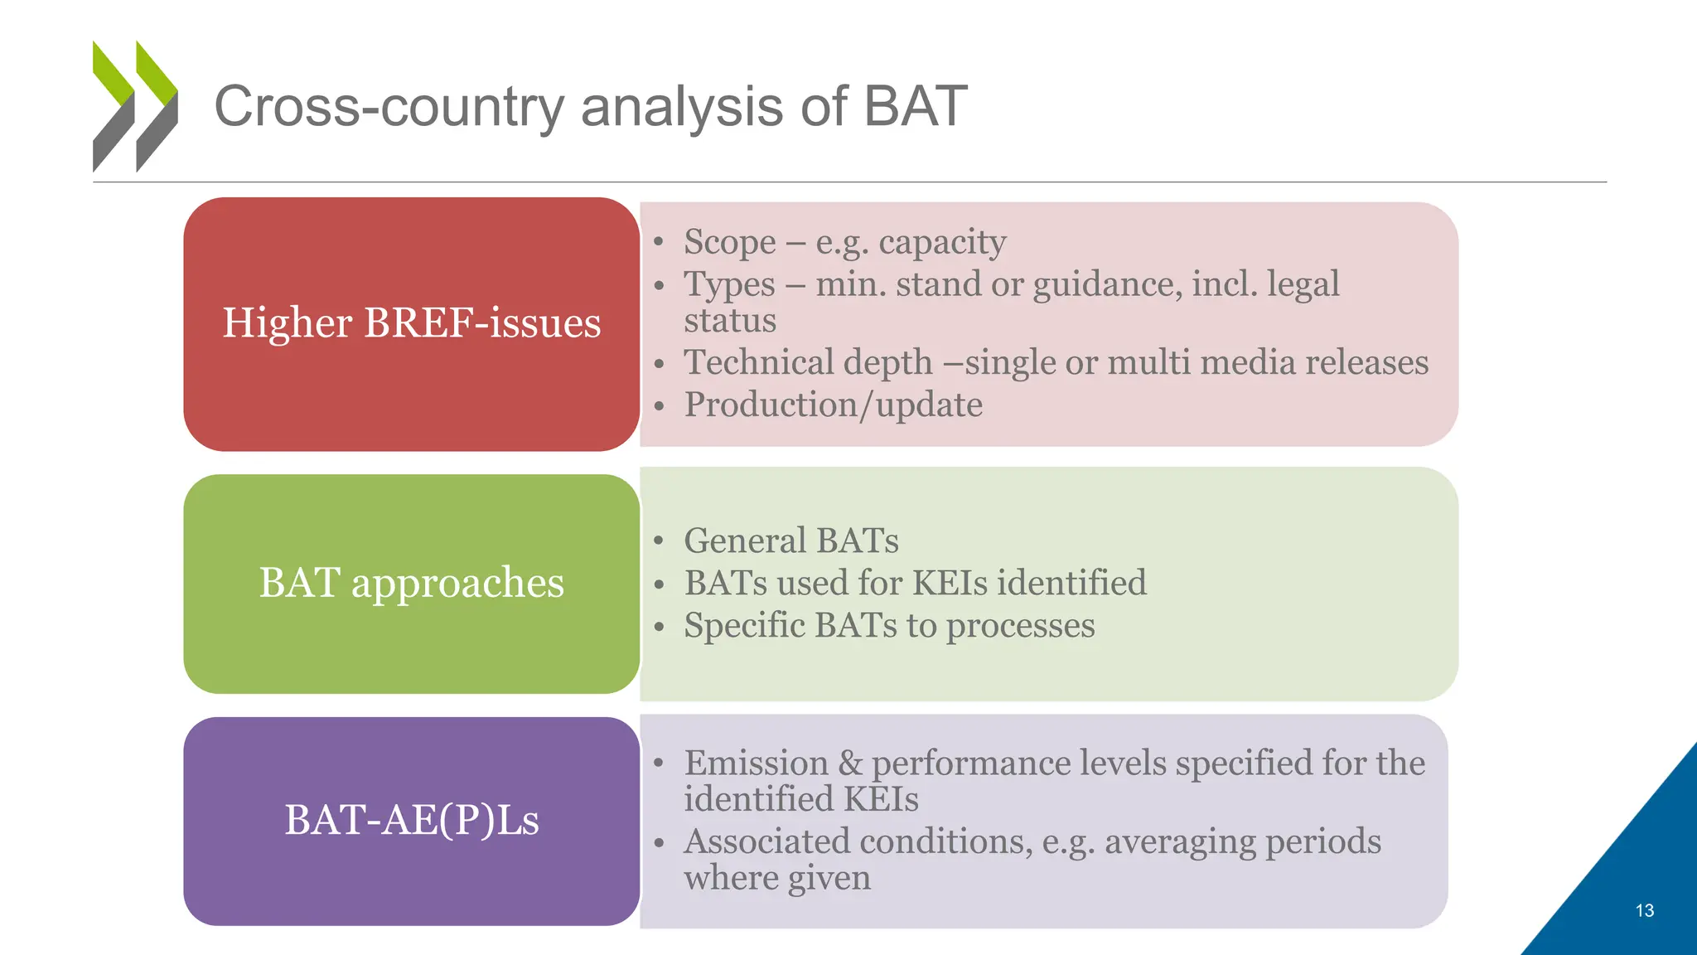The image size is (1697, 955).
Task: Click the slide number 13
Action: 1644,910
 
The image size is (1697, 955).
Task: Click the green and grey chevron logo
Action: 135,106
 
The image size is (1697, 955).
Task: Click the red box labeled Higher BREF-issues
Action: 411,323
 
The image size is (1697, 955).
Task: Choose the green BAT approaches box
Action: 411,584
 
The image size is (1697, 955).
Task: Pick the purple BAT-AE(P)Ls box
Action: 411,821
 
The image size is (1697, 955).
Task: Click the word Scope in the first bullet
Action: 729,242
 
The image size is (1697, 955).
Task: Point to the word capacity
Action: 942,243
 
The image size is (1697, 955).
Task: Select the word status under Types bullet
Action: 729,321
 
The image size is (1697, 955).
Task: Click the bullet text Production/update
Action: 833,405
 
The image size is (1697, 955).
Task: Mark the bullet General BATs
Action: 790,541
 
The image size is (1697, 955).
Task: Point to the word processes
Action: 1020,626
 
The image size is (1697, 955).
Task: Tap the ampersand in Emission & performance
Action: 849,763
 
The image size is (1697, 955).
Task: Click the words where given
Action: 776,878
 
